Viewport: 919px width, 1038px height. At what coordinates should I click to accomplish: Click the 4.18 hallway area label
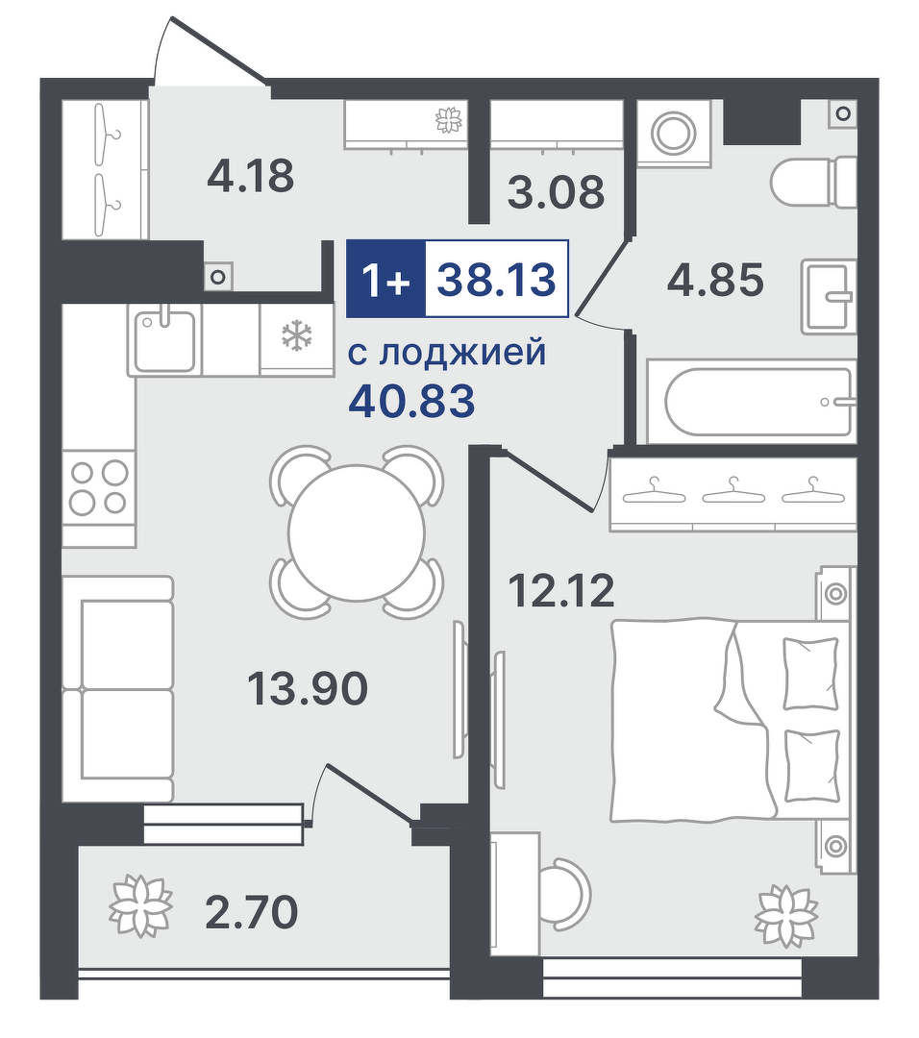250,177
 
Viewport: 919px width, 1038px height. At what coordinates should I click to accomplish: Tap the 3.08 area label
557,192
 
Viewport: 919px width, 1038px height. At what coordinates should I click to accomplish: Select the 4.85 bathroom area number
716,280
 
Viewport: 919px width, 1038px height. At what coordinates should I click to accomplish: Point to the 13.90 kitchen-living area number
308,688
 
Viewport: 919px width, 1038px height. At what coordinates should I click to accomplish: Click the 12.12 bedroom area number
560,590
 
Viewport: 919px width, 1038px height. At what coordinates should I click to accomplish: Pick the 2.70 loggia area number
252,912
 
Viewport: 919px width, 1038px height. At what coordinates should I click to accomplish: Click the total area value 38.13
497,279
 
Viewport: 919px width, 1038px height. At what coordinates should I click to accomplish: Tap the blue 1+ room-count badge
386,279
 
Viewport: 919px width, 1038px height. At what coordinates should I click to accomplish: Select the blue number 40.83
411,401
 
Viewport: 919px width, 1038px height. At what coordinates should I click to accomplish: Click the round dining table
357,532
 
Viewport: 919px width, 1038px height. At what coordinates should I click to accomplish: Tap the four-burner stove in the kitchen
99,488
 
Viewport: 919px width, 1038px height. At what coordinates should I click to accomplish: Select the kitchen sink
165,341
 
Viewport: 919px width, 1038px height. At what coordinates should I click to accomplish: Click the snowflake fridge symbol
297,335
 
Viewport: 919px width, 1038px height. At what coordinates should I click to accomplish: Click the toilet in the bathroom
813,181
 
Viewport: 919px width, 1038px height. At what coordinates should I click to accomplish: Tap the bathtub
752,402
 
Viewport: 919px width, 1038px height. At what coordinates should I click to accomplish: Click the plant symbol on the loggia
140,906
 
